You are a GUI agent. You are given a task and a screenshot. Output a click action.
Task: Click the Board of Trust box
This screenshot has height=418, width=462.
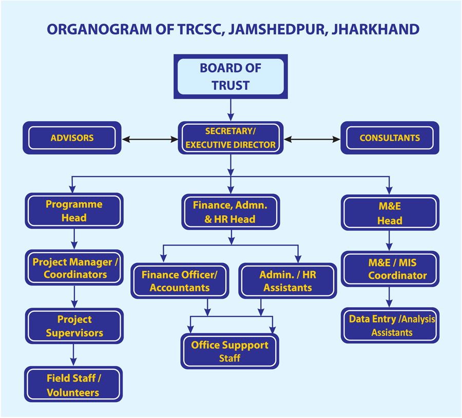pyautogui.click(x=230, y=77)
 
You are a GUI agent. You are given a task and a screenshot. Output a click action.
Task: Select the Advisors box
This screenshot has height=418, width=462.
pyautogui.click(x=72, y=138)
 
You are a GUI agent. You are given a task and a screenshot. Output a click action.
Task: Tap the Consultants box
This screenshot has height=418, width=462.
pyautogui.click(x=390, y=138)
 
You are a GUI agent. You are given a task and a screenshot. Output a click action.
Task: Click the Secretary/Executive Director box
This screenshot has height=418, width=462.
pyautogui.click(x=230, y=138)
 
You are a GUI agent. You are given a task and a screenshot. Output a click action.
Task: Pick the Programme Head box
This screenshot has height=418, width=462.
pyautogui.click(x=74, y=211)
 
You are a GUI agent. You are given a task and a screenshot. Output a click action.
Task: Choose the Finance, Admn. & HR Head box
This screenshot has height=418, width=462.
pyautogui.click(x=230, y=212)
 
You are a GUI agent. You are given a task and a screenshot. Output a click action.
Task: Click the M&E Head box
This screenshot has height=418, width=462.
pyautogui.click(x=390, y=213)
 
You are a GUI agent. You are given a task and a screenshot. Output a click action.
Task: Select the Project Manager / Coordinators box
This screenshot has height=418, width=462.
pyautogui.click(x=75, y=268)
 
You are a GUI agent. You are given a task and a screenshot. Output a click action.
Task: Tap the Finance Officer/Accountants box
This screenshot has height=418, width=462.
pyautogui.click(x=180, y=281)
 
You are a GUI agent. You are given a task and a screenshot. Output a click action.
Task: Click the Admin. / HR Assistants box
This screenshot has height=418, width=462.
pyautogui.click(x=287, y=281)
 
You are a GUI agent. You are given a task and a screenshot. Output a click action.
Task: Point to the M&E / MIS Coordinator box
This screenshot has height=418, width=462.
pyautogui.click(x=390, y=269)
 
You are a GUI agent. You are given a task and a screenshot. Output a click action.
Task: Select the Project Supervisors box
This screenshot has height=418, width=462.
pyautogui.click(x=74, y=326)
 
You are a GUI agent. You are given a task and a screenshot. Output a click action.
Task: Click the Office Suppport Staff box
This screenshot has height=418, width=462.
pyautogui.click(x=229, y=351)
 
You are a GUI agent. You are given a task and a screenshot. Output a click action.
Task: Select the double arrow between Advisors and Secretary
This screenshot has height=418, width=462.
pyautogui.click(x=149, y=139)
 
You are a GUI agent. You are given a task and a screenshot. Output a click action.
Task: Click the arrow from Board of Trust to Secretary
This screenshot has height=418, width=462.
pyautogui.click(x=230, y=109)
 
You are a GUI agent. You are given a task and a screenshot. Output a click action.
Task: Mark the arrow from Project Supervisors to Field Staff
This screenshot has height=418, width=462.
pyautogui.click(x=74, y=354)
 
